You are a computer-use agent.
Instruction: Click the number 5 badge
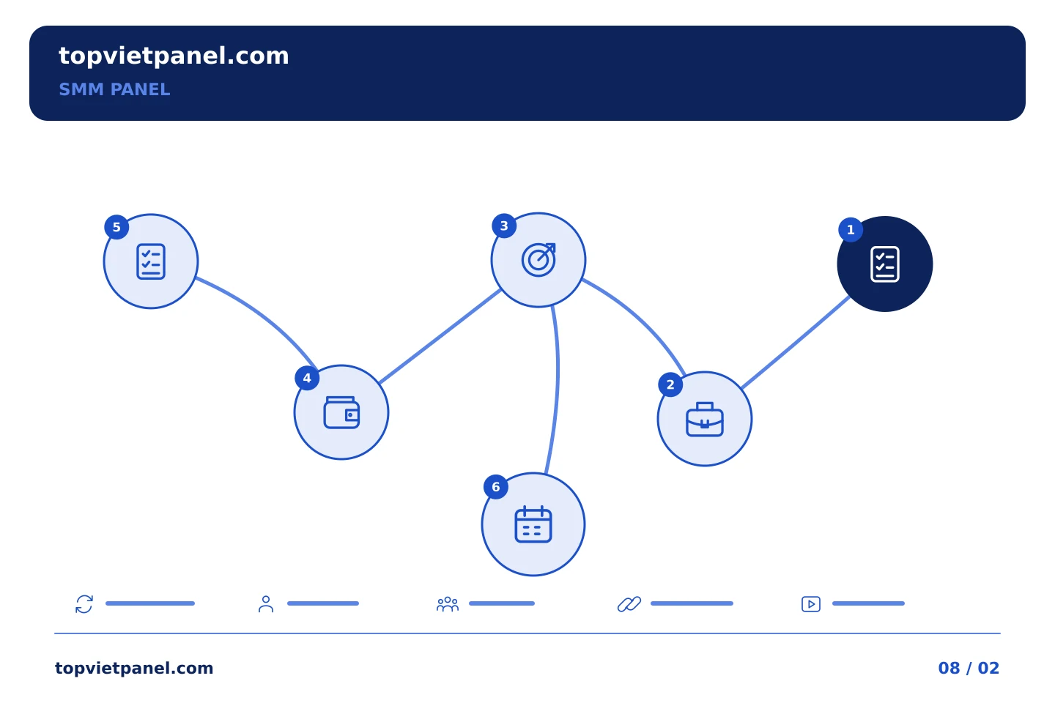pyautogui.click(x=116, y=228)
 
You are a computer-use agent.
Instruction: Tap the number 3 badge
pyautogui.click(x=504, y=226)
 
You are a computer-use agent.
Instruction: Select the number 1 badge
pyautogui.click(x=851, y=230)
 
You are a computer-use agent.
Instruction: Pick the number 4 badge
pyautogui.click(x=307, y=378)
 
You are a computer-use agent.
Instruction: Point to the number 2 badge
pyautogui.click(x=670, y=384)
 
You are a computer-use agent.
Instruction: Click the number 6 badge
pyautogui.click(x=496, y=487)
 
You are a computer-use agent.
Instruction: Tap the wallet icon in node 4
pyautogui.click(x=341, y=412)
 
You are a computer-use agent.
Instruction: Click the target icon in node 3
pyautogui.click(x=538, y=259)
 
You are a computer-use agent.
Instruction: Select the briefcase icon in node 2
pyautogui.click(x=705, y=420)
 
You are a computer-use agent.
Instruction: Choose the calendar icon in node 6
pyautogui.click(x=533, y=524)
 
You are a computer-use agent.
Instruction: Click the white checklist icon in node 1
pyautogui.click(x=885, y=264)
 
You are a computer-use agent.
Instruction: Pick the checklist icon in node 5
pyautogui.click(x=151, y=261)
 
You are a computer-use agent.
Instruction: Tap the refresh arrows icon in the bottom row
pyautogui.click(x=84, y=604)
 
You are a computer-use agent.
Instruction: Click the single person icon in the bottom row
pyautogui.click(x=266, y=604)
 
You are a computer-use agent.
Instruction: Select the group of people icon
pyautogui.click(x=448, y=604)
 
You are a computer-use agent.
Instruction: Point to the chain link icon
pyautogui.click(x=629, y=604)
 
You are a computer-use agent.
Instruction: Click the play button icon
pyautogui.click(x=811, y=604)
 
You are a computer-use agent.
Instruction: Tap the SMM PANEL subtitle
pyautogui.click(x=114, y=89)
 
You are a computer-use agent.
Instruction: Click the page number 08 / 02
pyautogui.click(x=969, y=668)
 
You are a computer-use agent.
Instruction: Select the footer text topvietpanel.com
pyautogui.click(x=134, y=668)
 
